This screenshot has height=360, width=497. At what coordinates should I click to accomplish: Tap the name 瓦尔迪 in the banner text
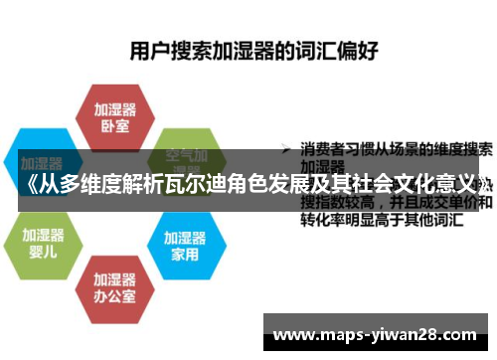(214, 186)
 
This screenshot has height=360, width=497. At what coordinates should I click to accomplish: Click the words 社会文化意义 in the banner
(417, 186)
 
